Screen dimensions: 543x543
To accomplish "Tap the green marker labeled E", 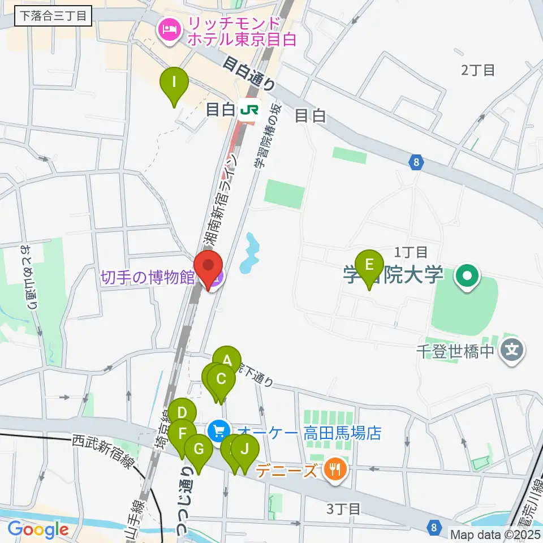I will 370,266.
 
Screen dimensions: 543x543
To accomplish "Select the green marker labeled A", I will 227,361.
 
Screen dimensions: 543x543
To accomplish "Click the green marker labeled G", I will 199,450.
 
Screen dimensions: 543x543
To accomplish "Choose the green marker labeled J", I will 244,450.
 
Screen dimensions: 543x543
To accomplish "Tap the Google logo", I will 38,530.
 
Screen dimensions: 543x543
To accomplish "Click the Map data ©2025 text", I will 495,533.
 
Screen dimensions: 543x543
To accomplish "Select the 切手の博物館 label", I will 148,278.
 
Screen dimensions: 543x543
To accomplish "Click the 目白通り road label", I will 249,74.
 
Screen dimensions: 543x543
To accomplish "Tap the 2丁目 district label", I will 478,71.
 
